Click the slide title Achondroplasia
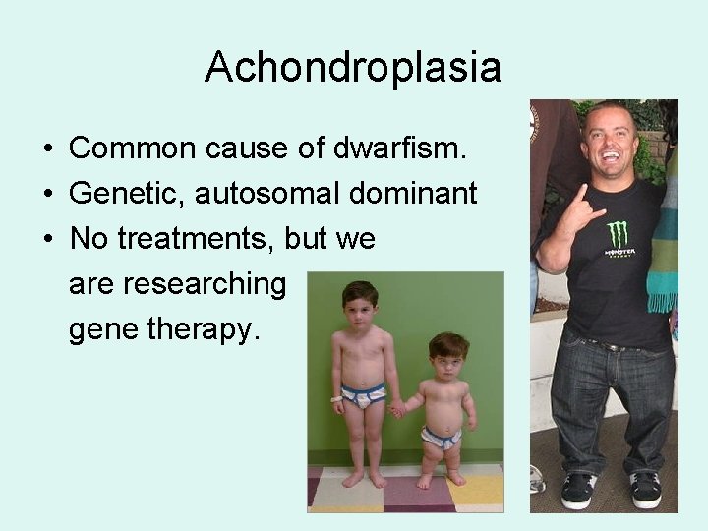coord(353,68)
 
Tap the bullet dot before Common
coord(47,149)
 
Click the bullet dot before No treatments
coord(47,240)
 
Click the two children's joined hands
coord(397,408)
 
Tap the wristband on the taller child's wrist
coord(336,399)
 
